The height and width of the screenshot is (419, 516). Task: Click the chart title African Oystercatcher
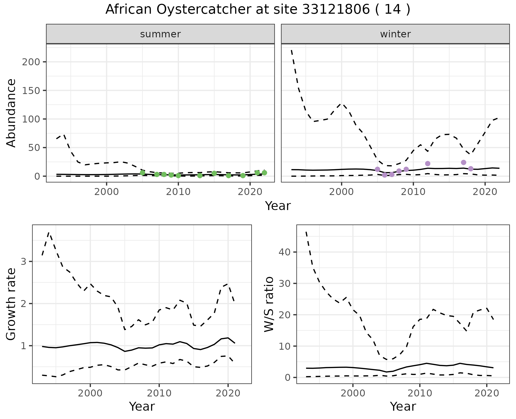point(258,10)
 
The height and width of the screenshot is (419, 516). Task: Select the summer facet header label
point(160,34)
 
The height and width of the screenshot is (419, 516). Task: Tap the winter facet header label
point(395,34)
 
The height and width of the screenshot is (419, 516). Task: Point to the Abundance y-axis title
point(11,113)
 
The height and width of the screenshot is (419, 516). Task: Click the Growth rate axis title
point(11,304)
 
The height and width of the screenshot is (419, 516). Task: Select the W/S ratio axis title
point(269,304)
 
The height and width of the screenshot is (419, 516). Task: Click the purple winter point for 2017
point(464,162)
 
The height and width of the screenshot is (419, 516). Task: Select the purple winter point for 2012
point(428,164)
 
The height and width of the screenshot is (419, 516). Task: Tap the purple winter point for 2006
point(385,175)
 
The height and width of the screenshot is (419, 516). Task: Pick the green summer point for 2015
point(214,173)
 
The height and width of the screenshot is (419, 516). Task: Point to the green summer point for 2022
point(264,173)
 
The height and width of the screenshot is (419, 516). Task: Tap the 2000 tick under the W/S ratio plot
point(353,393)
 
